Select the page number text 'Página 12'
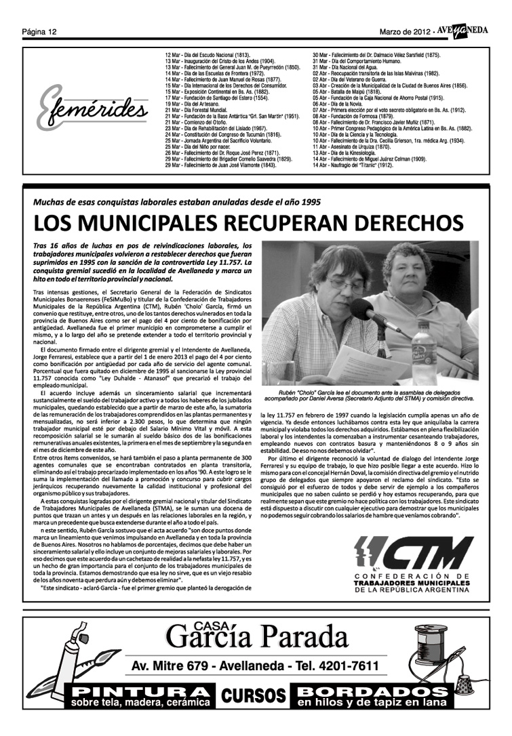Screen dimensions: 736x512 (x=39, y=32)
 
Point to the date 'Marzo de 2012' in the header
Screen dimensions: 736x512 (x=405, y=32)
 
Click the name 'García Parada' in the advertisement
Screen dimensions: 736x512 (x=256, y=637)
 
